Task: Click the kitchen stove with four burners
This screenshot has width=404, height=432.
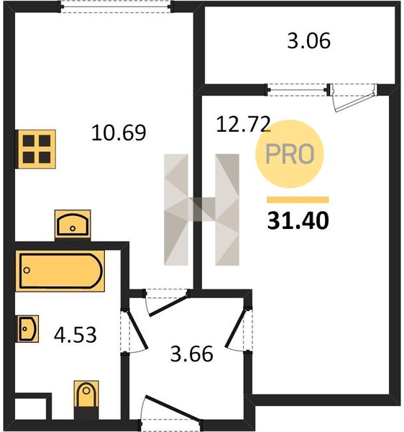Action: pos(37,149)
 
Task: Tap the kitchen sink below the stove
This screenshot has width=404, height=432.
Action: pos(73,224)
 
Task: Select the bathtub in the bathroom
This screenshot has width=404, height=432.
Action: pos(60,271)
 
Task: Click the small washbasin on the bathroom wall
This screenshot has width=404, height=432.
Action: pos(27,329)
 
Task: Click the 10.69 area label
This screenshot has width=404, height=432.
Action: pos(119,132)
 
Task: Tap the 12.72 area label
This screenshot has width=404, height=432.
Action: pos(243,125)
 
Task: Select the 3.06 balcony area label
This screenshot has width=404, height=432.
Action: pos(308,41)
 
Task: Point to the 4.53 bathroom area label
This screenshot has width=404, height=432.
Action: pos(75,335)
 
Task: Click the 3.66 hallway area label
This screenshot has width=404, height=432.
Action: pos(192,354)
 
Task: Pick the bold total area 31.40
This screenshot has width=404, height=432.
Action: pos(298,220)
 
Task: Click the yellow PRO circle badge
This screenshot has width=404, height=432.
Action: pos(290,154)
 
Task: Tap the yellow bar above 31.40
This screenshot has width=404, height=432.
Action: pos(298,199)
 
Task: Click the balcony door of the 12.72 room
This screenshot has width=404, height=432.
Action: pos(353,97)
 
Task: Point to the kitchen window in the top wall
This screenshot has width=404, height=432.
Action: pos(116,6)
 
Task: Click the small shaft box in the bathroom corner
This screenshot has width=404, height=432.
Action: pos(30,408)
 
